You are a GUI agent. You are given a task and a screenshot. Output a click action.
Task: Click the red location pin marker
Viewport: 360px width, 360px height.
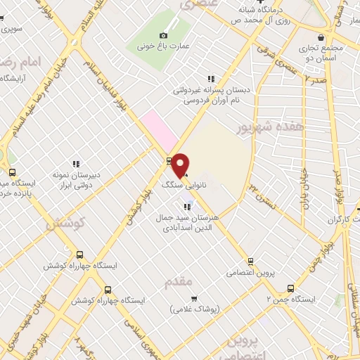(181, 165)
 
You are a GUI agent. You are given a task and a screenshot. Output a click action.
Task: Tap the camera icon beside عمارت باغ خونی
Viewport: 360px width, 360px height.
(163, 35)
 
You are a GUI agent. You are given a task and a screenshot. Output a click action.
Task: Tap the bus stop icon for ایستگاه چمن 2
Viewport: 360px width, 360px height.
(290, 288)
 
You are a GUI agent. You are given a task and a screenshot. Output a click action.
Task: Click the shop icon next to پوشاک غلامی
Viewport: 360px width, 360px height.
(193, 298)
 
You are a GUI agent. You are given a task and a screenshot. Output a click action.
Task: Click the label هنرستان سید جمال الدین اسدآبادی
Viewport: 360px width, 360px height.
(188, 223)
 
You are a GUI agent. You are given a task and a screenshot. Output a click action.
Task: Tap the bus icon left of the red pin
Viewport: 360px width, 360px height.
(169, 160)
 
